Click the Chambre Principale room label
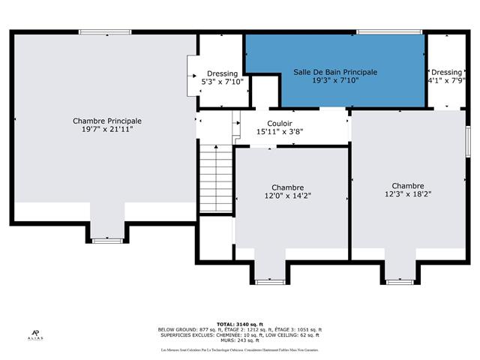point(106,121)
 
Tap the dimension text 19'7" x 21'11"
point(106,129)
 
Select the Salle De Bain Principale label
point(335,72)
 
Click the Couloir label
point(279,124)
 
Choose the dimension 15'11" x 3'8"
point(279,132)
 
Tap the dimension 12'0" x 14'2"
point(287,196)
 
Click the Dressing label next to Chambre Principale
point(222,73)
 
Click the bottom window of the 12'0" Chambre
point(269,282)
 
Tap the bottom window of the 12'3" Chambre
point(400,282)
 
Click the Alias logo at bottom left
point(34,335)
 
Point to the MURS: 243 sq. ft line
point(239,342)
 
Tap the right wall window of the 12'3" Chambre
point(467,141)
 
